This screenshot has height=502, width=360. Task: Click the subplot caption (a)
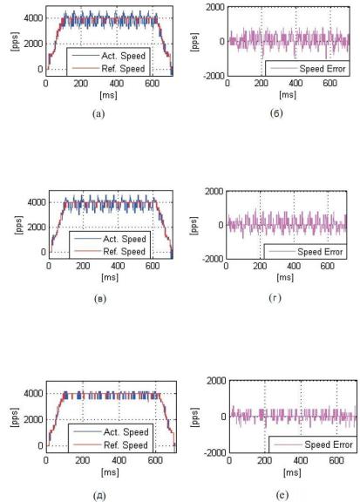(98, 113)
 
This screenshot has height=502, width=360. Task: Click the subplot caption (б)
(276, 113)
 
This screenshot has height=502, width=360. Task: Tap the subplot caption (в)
(100, 299)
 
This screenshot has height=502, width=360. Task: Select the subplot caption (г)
(275, 298)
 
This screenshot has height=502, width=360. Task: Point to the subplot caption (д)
(99, 496)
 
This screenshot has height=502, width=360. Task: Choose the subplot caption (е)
(282, 495)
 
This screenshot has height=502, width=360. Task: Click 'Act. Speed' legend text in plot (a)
(123, 56)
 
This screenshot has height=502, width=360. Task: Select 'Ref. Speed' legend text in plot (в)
(125, 252)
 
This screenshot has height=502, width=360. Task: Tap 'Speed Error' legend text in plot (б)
(323, 69)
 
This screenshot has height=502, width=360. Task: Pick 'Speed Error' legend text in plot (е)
(329, 444)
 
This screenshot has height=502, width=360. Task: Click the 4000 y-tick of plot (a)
(33, 18)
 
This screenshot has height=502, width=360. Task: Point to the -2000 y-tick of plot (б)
(214, 76)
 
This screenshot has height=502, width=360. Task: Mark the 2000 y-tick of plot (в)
(37, 227)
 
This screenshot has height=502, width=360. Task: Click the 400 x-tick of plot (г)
(294, 266)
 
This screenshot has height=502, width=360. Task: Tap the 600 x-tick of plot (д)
(155, 460)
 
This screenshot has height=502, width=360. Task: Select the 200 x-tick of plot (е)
(265, 460)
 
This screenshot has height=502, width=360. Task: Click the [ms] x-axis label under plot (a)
(108, 95)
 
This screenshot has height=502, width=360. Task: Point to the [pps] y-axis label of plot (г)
(194, 226)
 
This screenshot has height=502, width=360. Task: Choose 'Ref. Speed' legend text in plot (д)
(126, 445)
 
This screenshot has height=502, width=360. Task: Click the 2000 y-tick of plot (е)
(216, 381)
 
